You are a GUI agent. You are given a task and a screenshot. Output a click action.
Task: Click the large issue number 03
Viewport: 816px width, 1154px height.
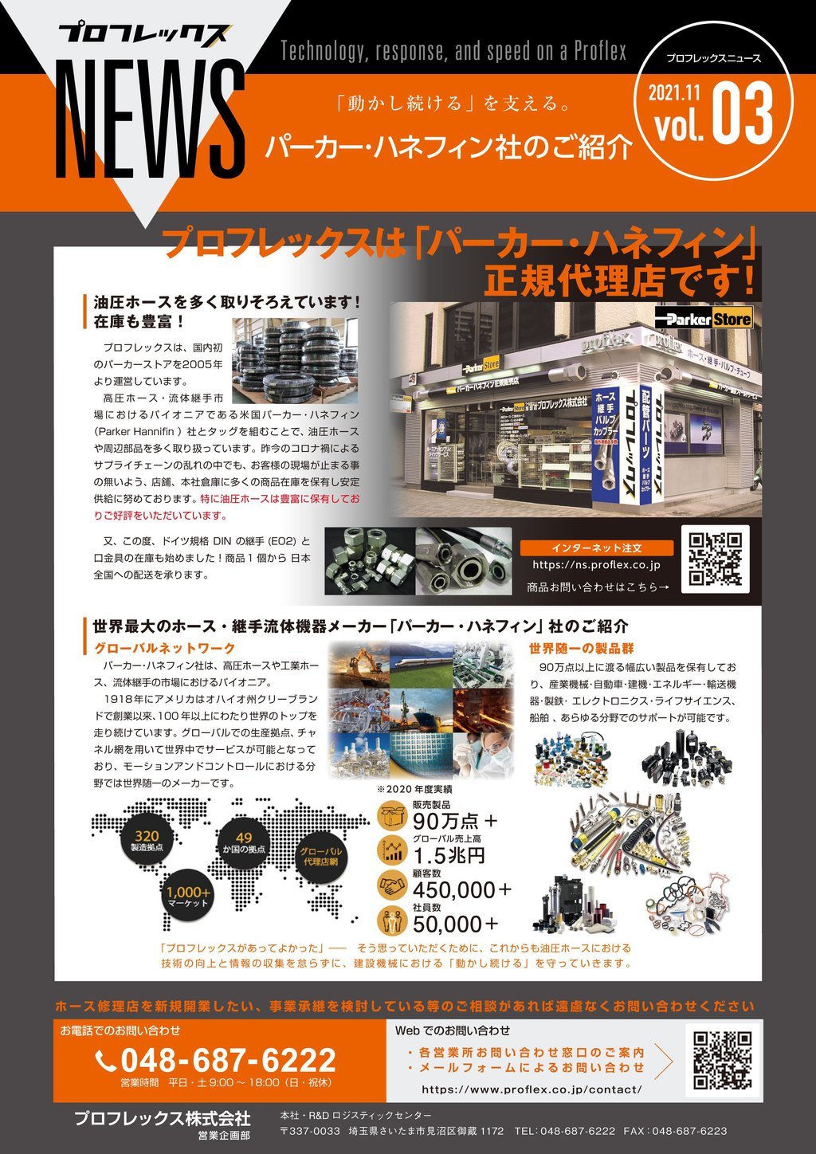pyautogui.click(x=743, y=115)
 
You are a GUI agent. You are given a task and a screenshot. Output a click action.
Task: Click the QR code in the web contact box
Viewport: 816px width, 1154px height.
pyautogui.click(x=722, y=1060)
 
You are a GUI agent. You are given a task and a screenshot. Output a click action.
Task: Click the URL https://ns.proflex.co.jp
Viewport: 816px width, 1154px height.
pyautogui.click(x=597, y=565)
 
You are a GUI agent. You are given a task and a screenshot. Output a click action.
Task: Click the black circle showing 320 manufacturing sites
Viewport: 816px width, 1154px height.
pyautogui.click(x=147, y=840)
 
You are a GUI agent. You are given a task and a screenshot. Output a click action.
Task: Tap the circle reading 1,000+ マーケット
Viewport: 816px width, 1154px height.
pyautogui.click(x=189, y=897)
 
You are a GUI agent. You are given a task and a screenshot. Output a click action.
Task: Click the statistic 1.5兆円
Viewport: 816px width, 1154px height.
pyautogui.click(x=449, y=856)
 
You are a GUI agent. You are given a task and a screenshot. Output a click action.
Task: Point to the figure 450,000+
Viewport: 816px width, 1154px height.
pyautogui.click(x=462, y=889)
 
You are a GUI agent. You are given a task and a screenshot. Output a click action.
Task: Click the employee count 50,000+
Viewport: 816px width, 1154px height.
pyautogui.click(x=456, y=924)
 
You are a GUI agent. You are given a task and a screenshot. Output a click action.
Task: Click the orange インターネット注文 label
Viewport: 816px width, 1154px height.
pyautogui.click(x=596, y=548)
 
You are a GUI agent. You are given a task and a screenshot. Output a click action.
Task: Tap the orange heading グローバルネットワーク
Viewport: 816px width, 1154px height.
pyautogui.click(x=165, y=648)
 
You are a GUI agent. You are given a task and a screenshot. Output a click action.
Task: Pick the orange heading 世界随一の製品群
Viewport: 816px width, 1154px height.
pyautogui.click(x=582, y=648)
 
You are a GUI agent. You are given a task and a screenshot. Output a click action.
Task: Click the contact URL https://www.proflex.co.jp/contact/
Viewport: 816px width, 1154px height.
pyautogui.click(x=532, y=1089)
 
